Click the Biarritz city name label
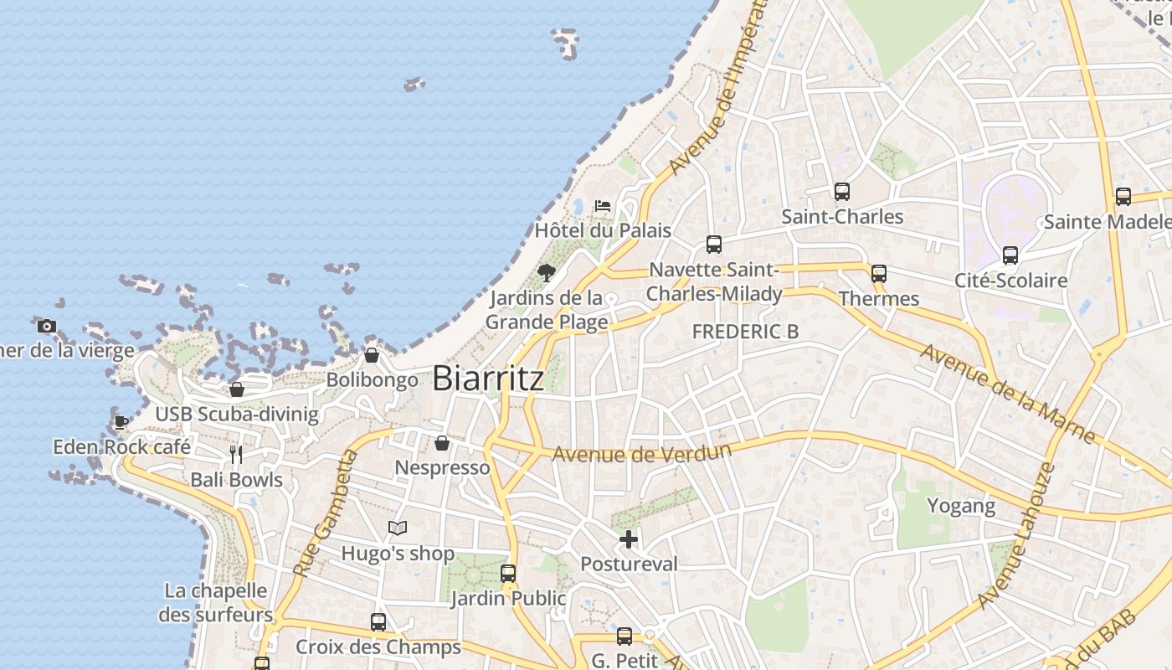click(488, 379)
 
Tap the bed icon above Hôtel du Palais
click(603, 205)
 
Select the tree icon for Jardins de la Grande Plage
click(547, 272)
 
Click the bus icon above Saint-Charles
click(842, 192)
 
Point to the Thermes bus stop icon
click(879, 274)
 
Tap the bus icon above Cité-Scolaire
click(1010, 255)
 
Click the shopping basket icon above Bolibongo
click(372, 355)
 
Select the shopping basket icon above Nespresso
click(442, 443)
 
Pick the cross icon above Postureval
click(629, 539)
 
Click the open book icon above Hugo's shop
click(398, 528)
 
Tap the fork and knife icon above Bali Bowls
click(236, 455)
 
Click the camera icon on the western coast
click(47, 326)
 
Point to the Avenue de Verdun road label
click(642, 452)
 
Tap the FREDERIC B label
click(745, 332)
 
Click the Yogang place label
click(961, 506)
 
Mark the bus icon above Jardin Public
click(508, 574)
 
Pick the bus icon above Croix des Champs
click(378, 622)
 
